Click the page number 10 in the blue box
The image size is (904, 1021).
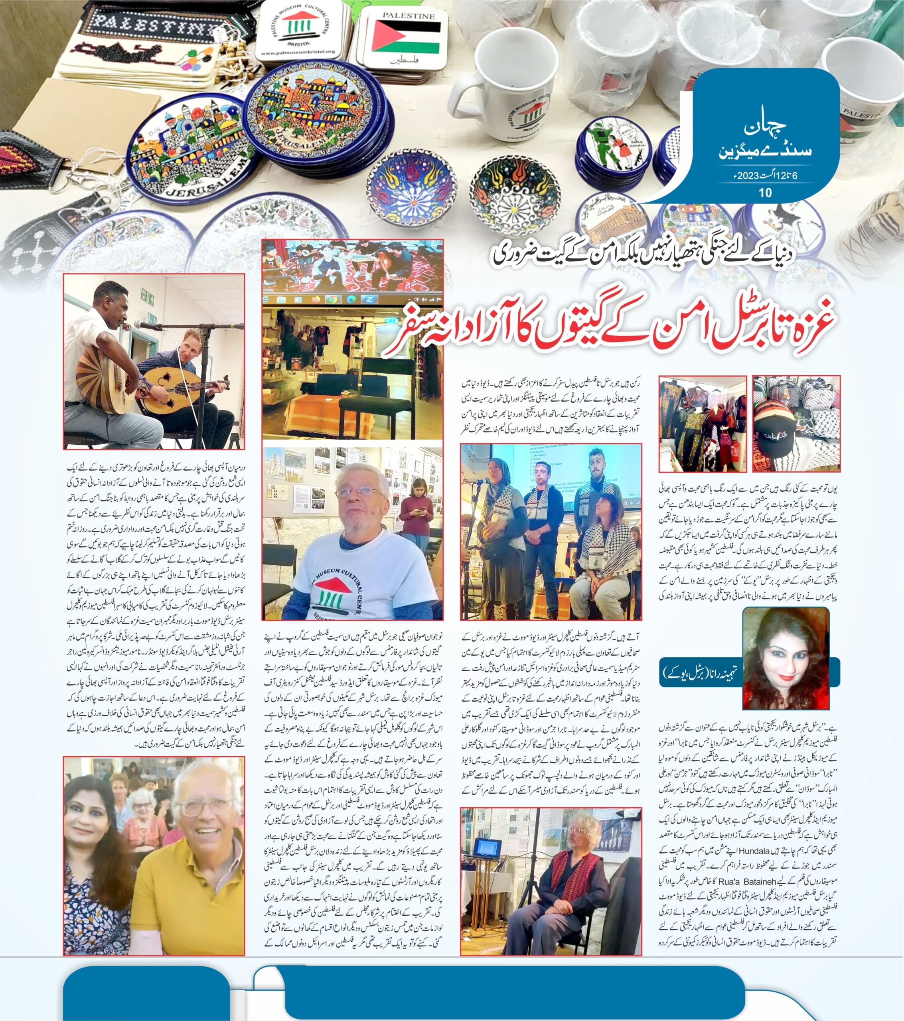click(765, 193)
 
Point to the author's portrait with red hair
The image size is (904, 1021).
click(786, 658)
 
